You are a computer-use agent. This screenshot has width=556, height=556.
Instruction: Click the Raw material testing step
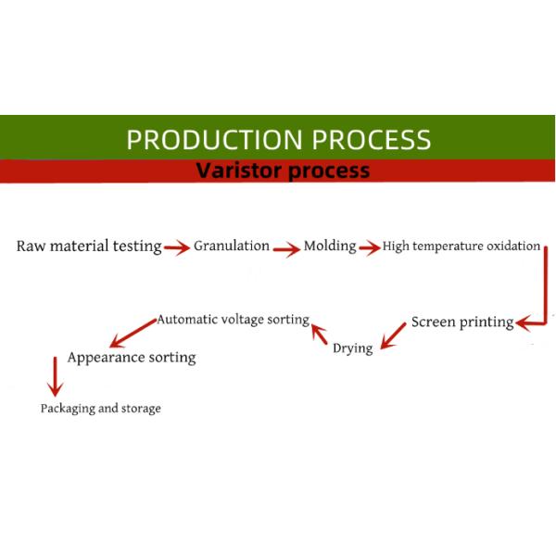[89, 246]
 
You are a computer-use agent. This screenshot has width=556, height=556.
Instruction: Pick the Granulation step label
[232, 246]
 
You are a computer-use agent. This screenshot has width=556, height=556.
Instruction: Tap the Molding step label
[330, 246]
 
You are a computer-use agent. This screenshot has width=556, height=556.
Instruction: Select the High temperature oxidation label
[461, 246]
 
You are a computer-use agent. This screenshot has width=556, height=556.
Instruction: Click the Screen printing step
[462, 322]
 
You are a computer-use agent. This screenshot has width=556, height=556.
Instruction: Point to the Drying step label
[352, 348]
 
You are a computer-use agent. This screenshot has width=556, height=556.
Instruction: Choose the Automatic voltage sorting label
[233, 319]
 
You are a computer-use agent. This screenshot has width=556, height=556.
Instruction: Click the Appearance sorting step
[132, 357]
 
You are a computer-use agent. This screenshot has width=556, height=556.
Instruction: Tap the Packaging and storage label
[100, 408]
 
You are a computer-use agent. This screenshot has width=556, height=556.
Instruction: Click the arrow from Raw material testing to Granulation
[177, 247]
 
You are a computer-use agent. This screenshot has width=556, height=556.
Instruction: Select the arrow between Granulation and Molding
[286, 247]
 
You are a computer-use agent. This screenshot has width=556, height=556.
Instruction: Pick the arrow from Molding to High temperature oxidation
[369, 247]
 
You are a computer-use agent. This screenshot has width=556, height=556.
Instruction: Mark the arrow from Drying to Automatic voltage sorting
[320, 333]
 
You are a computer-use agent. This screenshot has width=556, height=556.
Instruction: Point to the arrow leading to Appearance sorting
[131, 330]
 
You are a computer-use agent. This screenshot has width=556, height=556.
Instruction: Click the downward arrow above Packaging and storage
[54, 378]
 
